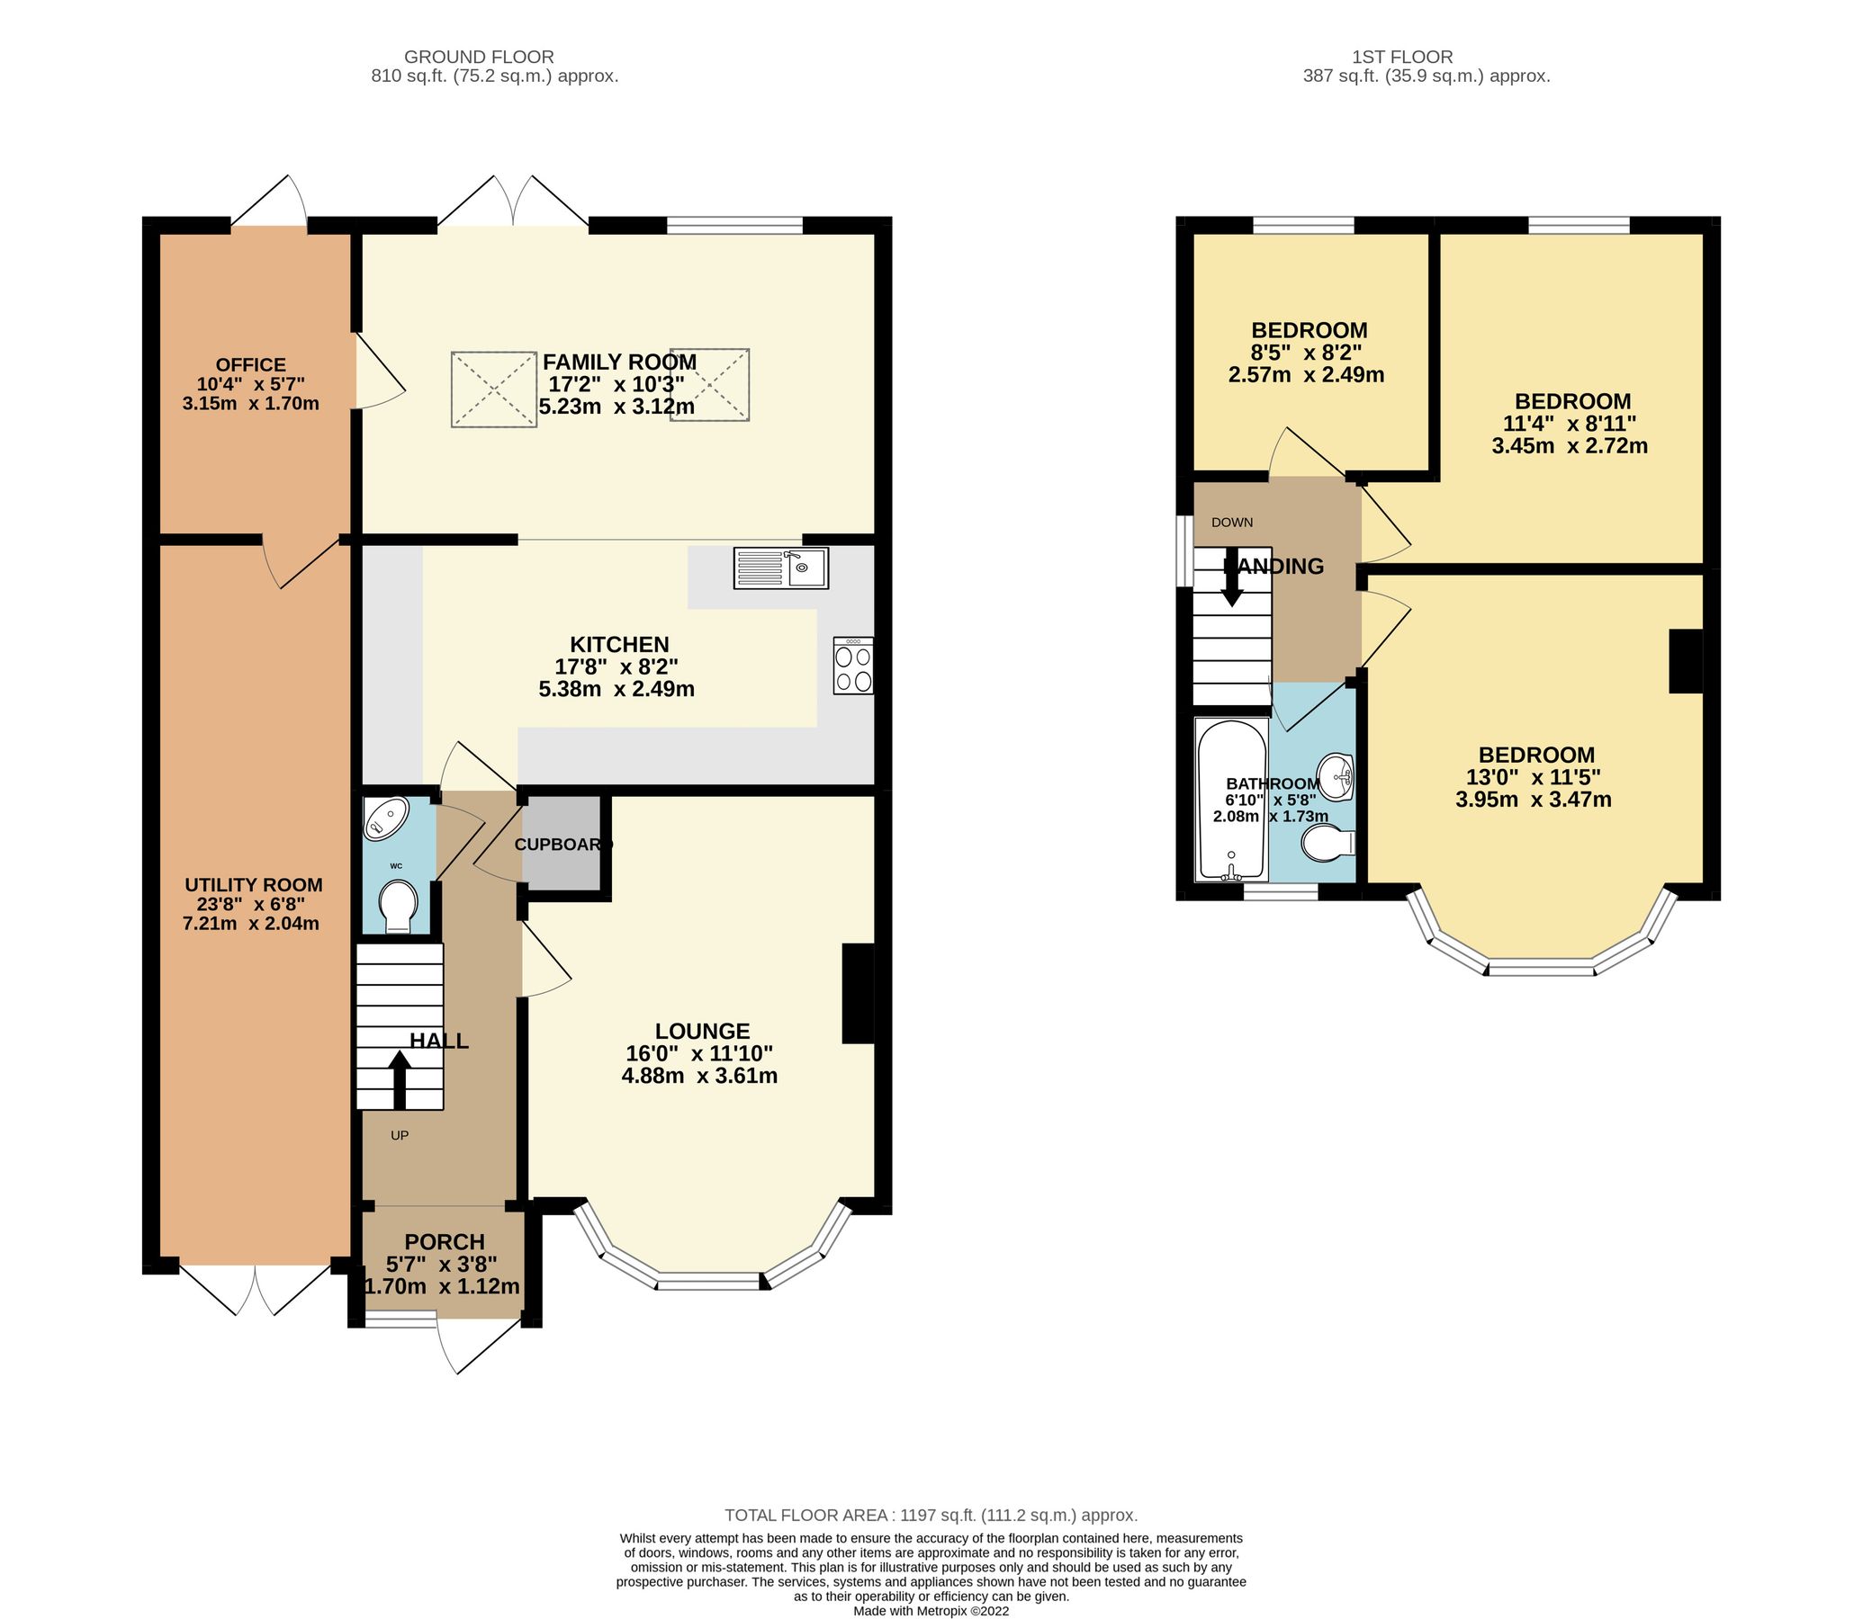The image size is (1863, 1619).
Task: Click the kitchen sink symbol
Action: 781,568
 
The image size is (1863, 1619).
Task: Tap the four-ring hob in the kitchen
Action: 853,666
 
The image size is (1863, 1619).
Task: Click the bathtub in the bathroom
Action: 1230,800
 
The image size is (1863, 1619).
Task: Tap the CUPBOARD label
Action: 562,845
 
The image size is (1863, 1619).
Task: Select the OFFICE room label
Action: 250,365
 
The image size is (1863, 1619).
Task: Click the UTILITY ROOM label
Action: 253,884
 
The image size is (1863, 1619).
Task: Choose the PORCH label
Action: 444,1241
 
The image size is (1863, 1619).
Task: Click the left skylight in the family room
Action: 493,389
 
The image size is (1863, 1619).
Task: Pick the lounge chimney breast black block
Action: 858,994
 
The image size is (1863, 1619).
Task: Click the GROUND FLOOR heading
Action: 478,57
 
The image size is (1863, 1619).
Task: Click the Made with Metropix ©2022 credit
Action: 931,1610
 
